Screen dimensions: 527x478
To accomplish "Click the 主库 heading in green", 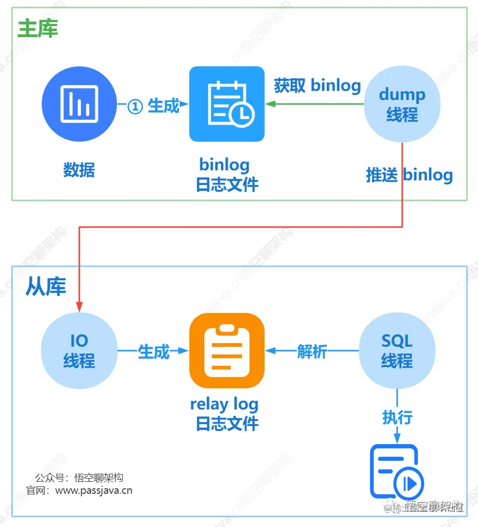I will (x=38, y=29).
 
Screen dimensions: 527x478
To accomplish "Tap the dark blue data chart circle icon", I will (x=79, y=104).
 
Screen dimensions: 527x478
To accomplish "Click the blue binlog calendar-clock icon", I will (x=226, y=104).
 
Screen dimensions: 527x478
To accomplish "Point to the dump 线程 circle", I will (x=402, y=104).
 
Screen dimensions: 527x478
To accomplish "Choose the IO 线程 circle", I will (x=79, y=351).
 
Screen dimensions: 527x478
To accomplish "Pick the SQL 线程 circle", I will (x=397, y=351).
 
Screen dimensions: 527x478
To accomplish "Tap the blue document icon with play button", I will (x=397, y=471).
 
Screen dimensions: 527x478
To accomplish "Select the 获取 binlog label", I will (x=317, y=85).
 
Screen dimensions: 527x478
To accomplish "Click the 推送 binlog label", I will (x=409, y=175).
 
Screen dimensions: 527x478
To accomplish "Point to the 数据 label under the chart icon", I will (x=79, y=170).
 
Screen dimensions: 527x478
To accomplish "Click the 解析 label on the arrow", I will (x=312, y=351).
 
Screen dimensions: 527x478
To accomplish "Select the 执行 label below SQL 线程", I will (x=397, y=417).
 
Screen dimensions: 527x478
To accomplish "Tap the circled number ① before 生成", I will (x=135, y=106).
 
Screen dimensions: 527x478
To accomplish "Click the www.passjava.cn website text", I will (x=93, y=490).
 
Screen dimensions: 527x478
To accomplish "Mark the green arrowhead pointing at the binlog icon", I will (x=270, y=104).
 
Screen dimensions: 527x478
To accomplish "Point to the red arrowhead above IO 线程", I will (x=79, y=306).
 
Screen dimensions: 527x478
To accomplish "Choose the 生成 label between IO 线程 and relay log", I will (x=153, y=351).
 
